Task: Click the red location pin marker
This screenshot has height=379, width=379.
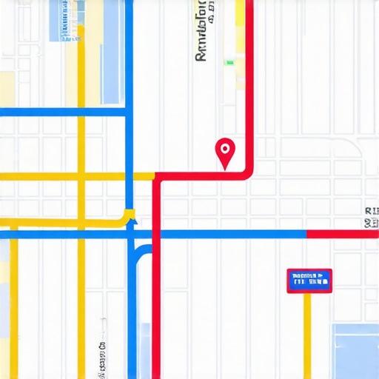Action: pyautogui.click(x=225, y=151)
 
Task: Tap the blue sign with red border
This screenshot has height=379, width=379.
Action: pyautogui.click(x=309, y=281)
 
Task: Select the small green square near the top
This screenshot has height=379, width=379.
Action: pyautogui.click(x=229, y=63)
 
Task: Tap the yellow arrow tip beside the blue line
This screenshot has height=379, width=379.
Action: pyautogui.click(x=130, y=215)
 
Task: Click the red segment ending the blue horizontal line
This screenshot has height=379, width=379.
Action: pyautogui.click(x=342, y=234)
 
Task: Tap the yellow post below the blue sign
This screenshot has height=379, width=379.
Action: pyautogui.click(x=307, y=333)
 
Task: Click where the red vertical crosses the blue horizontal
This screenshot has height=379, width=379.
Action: pyautogui.click(x=156, y=234)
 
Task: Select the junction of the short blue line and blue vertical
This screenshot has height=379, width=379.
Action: pyautogui.click(x=130, y=113)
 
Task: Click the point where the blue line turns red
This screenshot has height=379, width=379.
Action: pyautogui.click(x=306, y=234)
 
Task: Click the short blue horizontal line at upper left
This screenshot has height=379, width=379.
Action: pyautogui.click(x=63, y=113)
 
